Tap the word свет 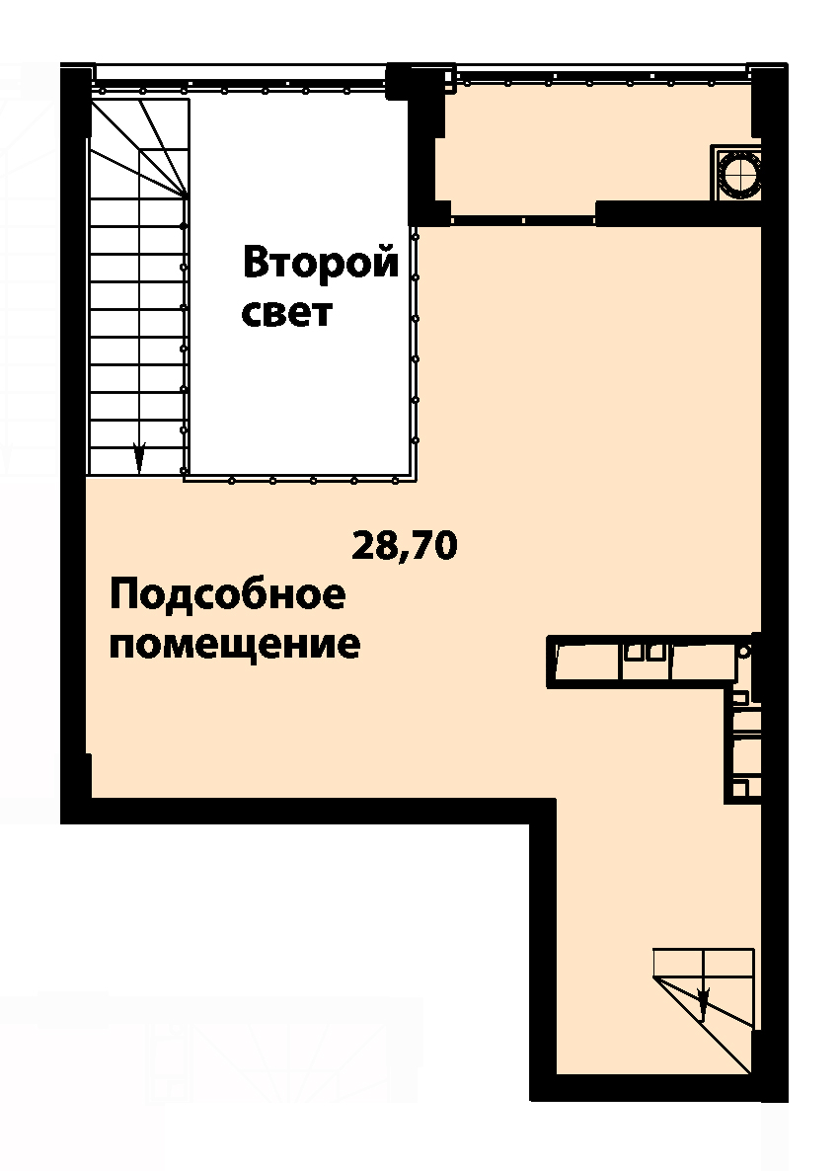click(286, 314)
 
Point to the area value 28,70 click(404, 546)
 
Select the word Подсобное click(228, 596)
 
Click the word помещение click(235, 645)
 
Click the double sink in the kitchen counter click(646, 652)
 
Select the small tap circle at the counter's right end click(743, 652)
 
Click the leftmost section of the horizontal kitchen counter click(587, 662)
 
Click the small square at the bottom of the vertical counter click(739, 789)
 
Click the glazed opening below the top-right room click(523, 220)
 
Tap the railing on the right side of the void click(416, 351)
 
